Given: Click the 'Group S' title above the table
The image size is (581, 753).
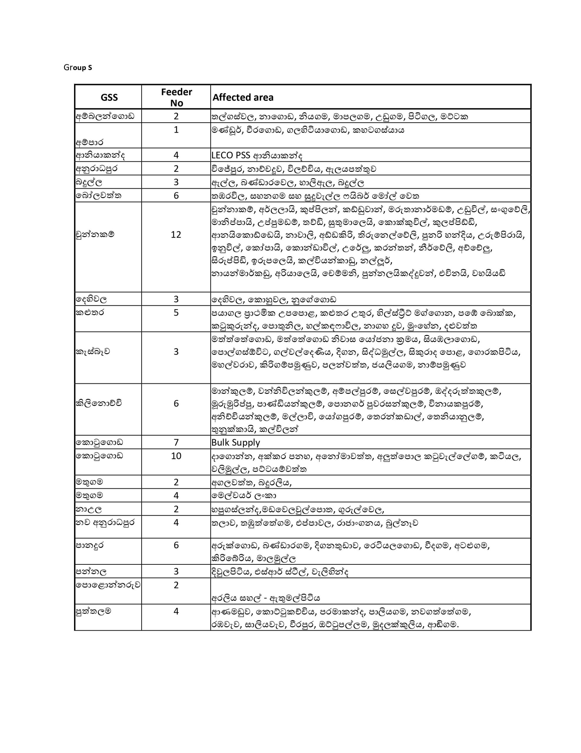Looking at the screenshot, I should tap(78, 68).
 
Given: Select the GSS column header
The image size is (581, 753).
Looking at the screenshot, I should tap(109, 98).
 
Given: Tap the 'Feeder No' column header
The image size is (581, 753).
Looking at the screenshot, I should tap(176, 97).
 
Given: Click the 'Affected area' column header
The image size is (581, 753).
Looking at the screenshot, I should tap(243, 98).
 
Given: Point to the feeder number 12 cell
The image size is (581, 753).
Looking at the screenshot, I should tap(176, 235).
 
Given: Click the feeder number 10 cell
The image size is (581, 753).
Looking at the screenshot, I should tap(176, 456).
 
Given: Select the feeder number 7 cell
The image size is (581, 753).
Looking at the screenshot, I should tap(176, 442).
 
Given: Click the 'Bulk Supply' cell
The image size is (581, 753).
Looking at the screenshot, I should tap(236, 442).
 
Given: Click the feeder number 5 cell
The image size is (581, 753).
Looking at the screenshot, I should tap(176, 312).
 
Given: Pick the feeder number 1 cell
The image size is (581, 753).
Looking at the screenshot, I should tap(176, 130).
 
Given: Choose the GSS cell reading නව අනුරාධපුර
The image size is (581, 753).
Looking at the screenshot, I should tap(105, 522).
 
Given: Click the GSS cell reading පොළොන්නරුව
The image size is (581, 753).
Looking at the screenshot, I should tap(108, 585).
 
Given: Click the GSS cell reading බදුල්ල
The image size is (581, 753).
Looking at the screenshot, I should tap(89, 182).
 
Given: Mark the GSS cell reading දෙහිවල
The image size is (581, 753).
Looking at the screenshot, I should tap(91, 299).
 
